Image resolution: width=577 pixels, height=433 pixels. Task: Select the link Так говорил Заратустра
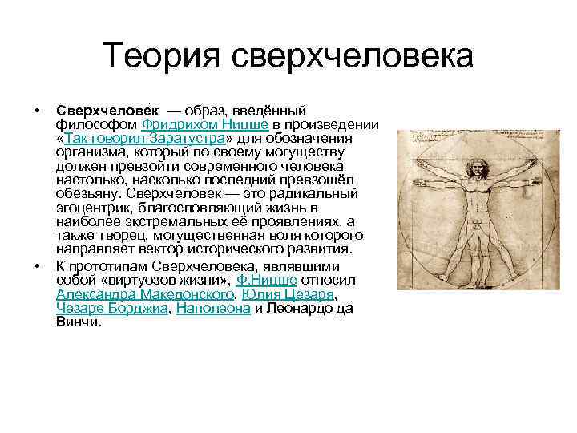coord(145,138)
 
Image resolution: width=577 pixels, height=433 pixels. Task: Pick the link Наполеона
coord(213,308)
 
